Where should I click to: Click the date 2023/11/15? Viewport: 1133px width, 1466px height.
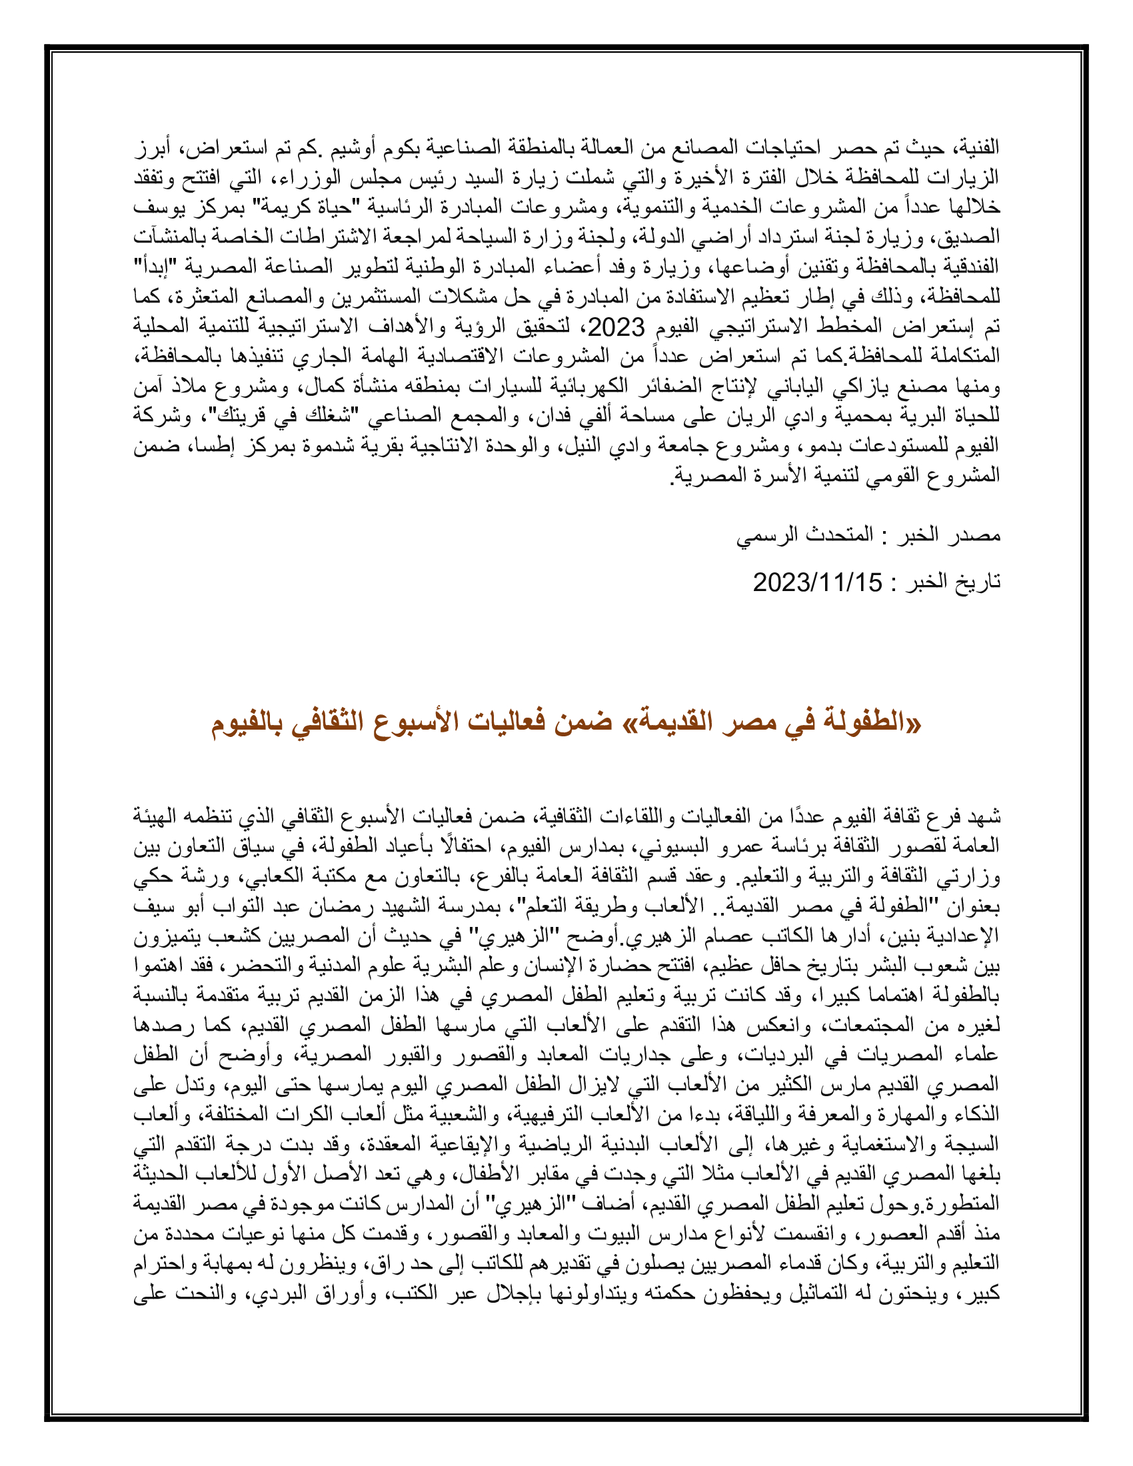pos(817,582)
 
